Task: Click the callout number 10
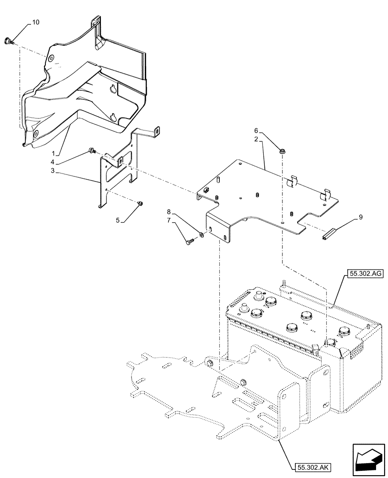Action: click(x=36, y=22)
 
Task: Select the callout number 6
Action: click(x=256, y=130)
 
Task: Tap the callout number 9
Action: click(x=360, y=218)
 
